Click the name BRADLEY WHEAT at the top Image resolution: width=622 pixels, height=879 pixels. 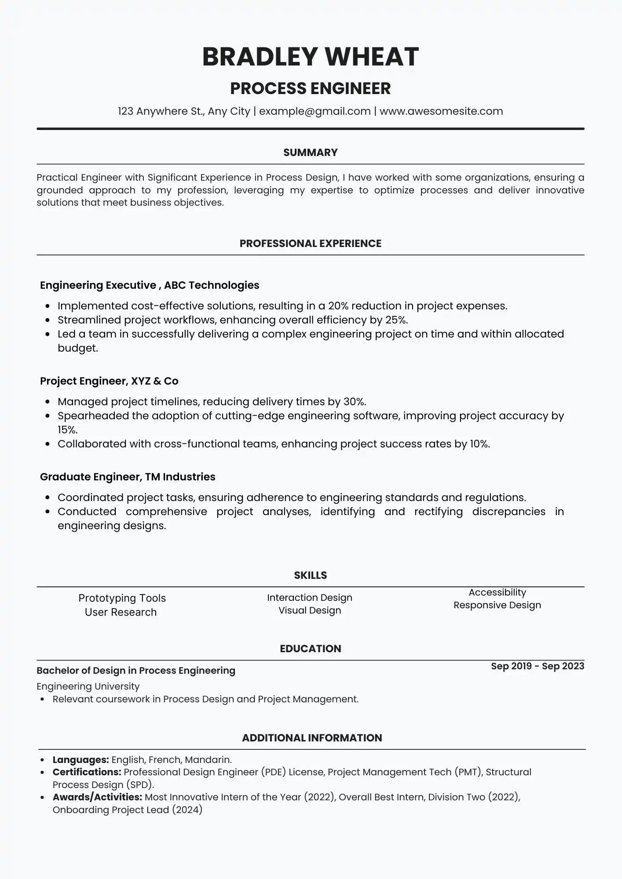pos(311,57)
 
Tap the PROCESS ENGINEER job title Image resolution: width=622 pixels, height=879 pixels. pos(311,88)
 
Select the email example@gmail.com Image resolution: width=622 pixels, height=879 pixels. pos(315,111)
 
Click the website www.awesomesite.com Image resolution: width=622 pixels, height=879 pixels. pos(441,111)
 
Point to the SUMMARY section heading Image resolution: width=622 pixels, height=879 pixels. pos(311,153)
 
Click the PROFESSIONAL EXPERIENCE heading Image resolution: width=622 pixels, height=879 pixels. pos(311,243)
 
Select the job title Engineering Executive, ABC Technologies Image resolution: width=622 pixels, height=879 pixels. pos(150,285)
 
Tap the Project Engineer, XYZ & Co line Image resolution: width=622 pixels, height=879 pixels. pos(109,381)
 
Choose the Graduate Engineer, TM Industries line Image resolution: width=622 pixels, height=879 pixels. pos(128,477)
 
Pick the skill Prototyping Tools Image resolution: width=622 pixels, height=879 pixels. pos(122,598)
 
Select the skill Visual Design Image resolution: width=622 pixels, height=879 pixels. pos(310,610)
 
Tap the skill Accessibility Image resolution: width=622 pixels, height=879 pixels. pos(497,592)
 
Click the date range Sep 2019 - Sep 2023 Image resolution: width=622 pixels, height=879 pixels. pos(538,666)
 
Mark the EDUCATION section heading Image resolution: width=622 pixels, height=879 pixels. pos(311,649)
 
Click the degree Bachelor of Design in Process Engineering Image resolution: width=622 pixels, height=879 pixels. pos(136,671)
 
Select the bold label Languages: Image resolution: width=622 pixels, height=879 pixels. pos(80,760)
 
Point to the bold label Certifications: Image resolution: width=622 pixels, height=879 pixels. pos(87,772)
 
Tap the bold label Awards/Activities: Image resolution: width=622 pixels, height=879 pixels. pos(97,797)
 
